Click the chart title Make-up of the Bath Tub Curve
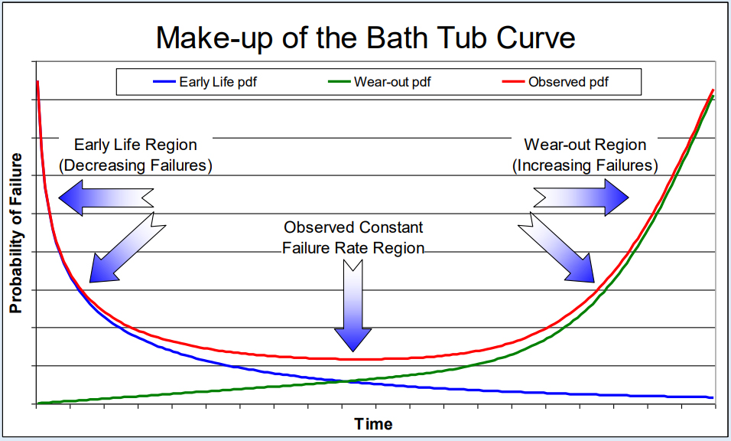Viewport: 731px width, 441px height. (365, 38)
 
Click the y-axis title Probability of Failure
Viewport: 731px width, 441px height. (15, 233)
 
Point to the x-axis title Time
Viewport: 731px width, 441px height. (374, 423)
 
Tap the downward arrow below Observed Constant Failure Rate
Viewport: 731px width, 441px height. (353, 306)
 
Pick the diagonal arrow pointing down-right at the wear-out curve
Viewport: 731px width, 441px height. (558, 249)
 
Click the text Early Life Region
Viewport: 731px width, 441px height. (135, 145)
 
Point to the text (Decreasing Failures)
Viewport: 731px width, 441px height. (135, 165)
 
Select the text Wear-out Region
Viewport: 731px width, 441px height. (585, 145)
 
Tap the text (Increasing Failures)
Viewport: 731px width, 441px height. (585, 165)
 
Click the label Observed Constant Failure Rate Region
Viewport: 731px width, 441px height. (353, 237)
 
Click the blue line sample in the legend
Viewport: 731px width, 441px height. (164, 82)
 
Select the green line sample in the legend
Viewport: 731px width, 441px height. (339, 82)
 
